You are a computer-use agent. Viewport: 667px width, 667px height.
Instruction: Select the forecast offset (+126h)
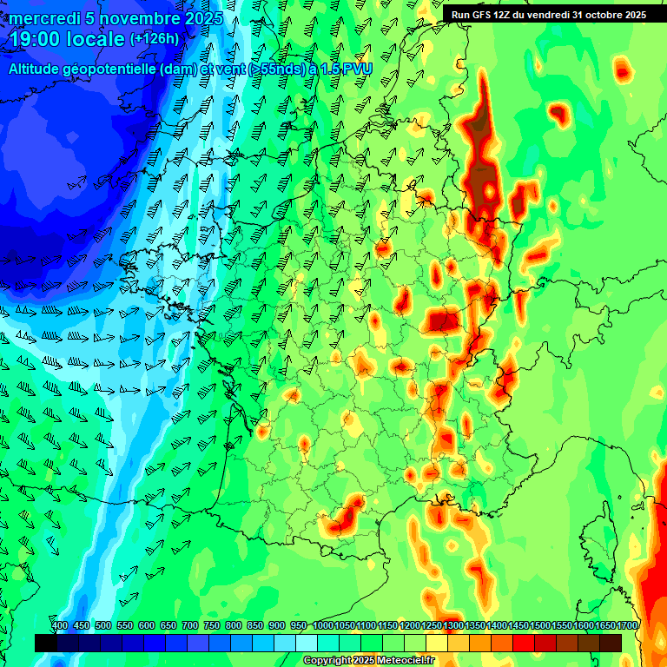154,39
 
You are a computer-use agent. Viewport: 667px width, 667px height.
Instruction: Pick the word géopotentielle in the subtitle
123,69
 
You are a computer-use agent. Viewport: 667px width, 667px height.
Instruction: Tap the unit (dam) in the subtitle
204,69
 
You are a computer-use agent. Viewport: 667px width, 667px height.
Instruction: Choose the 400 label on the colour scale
60,626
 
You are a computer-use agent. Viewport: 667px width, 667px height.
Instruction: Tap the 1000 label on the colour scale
323,626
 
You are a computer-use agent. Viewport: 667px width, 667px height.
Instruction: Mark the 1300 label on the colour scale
453,626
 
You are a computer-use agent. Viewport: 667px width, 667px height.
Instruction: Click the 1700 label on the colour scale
627,626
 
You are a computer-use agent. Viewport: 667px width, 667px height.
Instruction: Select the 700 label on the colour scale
190,626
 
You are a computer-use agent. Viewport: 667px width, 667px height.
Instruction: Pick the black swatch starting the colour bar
46,643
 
